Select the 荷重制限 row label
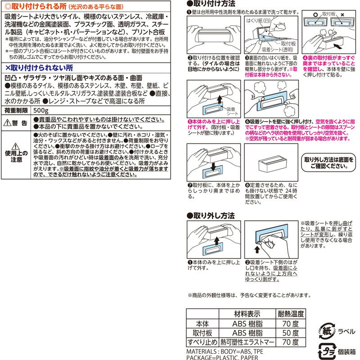point(16,110)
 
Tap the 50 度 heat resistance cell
point(288,333)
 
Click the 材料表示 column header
point(246,313)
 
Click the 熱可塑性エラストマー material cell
point(246,342)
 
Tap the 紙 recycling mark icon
point(327,328)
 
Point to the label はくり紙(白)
point(258,21)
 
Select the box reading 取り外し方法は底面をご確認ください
point(329,163)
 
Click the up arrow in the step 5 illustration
point(217,99)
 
